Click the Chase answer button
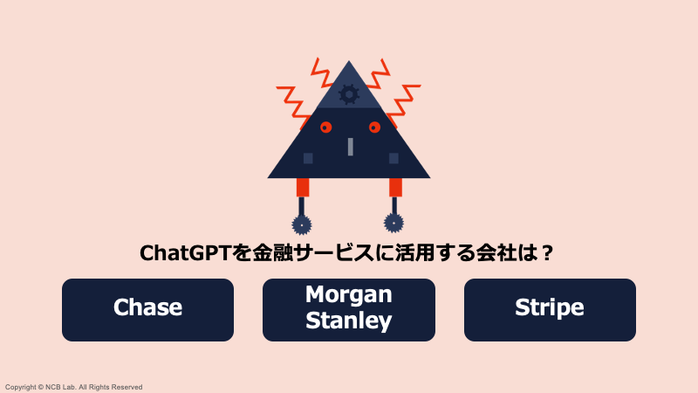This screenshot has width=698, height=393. coord(147,309)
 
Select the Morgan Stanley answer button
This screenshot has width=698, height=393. coord(349,309)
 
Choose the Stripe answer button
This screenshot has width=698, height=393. coord(550,309)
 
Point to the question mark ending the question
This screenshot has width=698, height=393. coord(547,253)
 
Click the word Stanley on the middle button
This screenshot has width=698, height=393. coord(349,321)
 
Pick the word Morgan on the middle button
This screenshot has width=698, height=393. coord(349,295)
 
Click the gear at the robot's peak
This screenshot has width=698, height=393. coord(349,93)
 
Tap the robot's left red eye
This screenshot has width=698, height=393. coord(325,128)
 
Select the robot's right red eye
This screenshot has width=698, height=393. coord(374,128)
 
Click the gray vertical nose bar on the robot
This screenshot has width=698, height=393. coord(350,146)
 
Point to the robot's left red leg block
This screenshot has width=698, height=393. coord(303,187)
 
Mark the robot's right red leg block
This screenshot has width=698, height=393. coord(395,187)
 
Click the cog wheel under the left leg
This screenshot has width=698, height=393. coord(302,224)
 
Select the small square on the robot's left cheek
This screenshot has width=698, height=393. coord(307,158)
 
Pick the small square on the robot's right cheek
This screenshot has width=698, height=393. coord(393,158)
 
